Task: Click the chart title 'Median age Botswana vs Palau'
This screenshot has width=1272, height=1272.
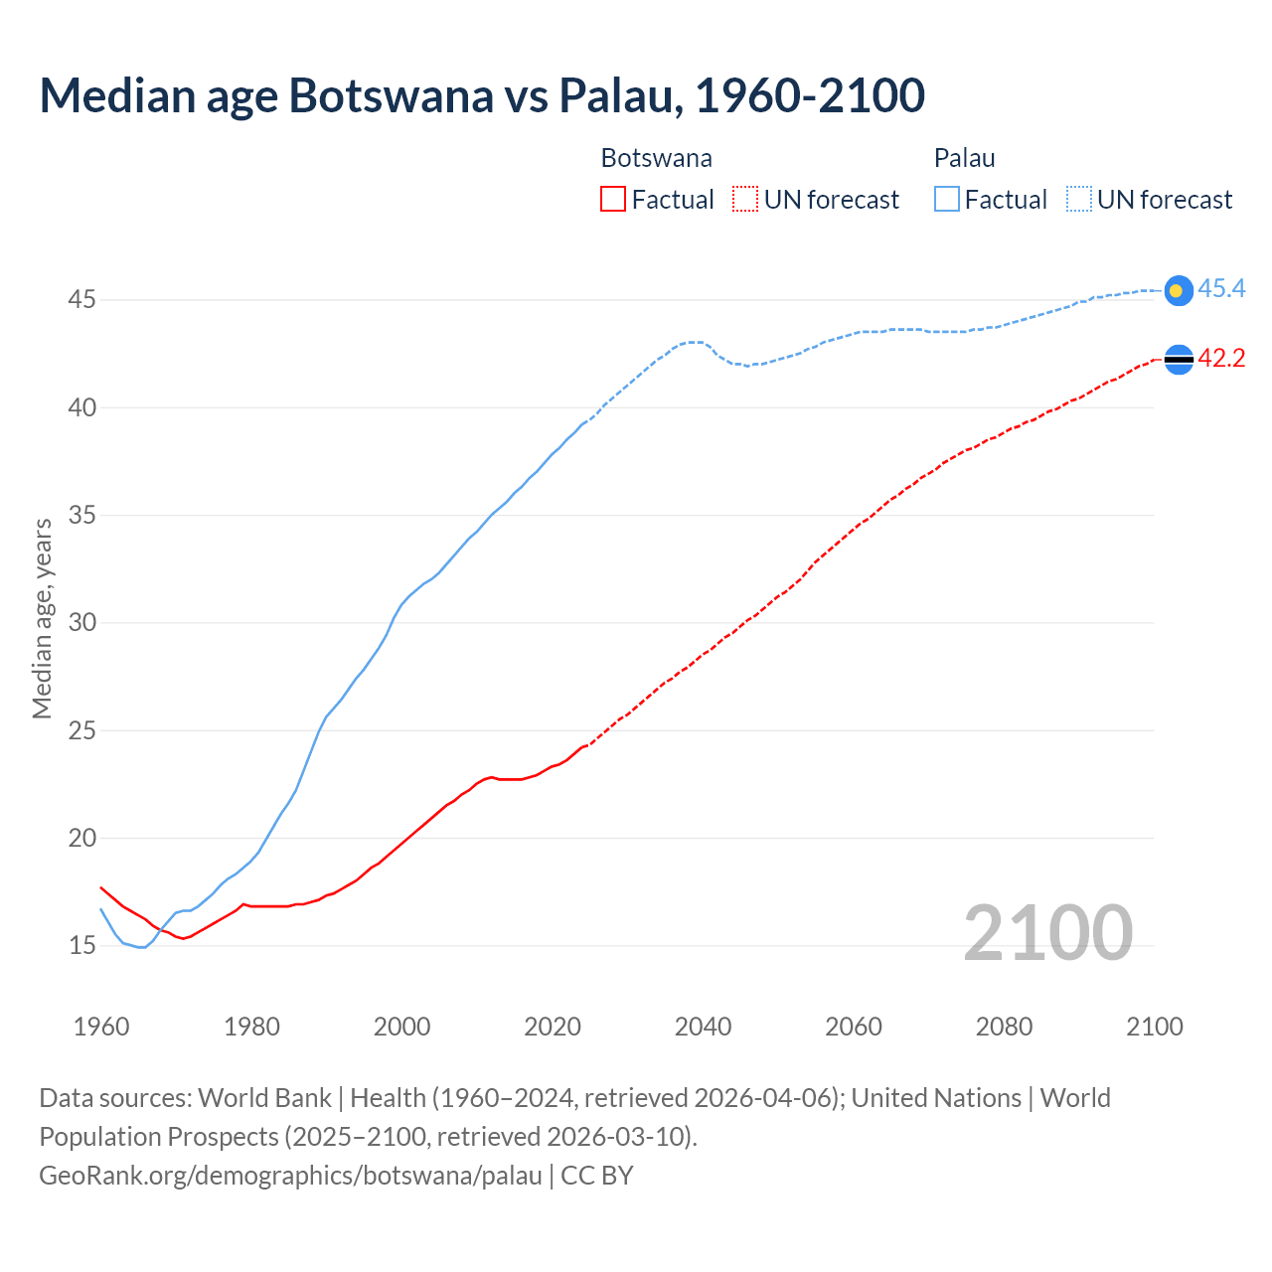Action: [x=482, y=95]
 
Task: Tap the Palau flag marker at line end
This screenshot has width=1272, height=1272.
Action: [x=1178, y=290]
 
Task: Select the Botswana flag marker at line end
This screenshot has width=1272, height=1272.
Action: [x=1178, y=360]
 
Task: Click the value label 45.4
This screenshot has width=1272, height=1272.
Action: [x=1221, y=289]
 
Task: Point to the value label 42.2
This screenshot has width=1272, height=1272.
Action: [x=1221, y=359]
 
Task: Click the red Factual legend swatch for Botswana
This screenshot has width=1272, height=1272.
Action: [x=613, y=200]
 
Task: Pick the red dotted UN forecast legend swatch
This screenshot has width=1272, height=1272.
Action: [x=745, y=200]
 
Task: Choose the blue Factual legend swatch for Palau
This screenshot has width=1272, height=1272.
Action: [x=947, y=200]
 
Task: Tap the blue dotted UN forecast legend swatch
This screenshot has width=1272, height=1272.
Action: [x=1079, y=200]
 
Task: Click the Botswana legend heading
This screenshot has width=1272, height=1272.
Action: [x=656, y=158]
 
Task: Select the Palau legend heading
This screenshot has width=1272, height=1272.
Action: [x=964, y=158]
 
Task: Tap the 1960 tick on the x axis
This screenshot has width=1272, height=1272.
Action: [x=101, y=1027]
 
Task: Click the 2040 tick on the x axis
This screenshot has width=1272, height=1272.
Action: [x=703, y=1027]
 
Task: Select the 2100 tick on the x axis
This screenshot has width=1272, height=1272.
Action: [x=1154, y=1027]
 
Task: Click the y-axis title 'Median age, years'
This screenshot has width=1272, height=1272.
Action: [x=42, y=618]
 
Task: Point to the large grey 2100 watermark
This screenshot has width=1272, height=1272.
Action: [x=1047, y=932]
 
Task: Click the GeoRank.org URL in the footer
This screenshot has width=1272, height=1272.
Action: [x=290, y=1176]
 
